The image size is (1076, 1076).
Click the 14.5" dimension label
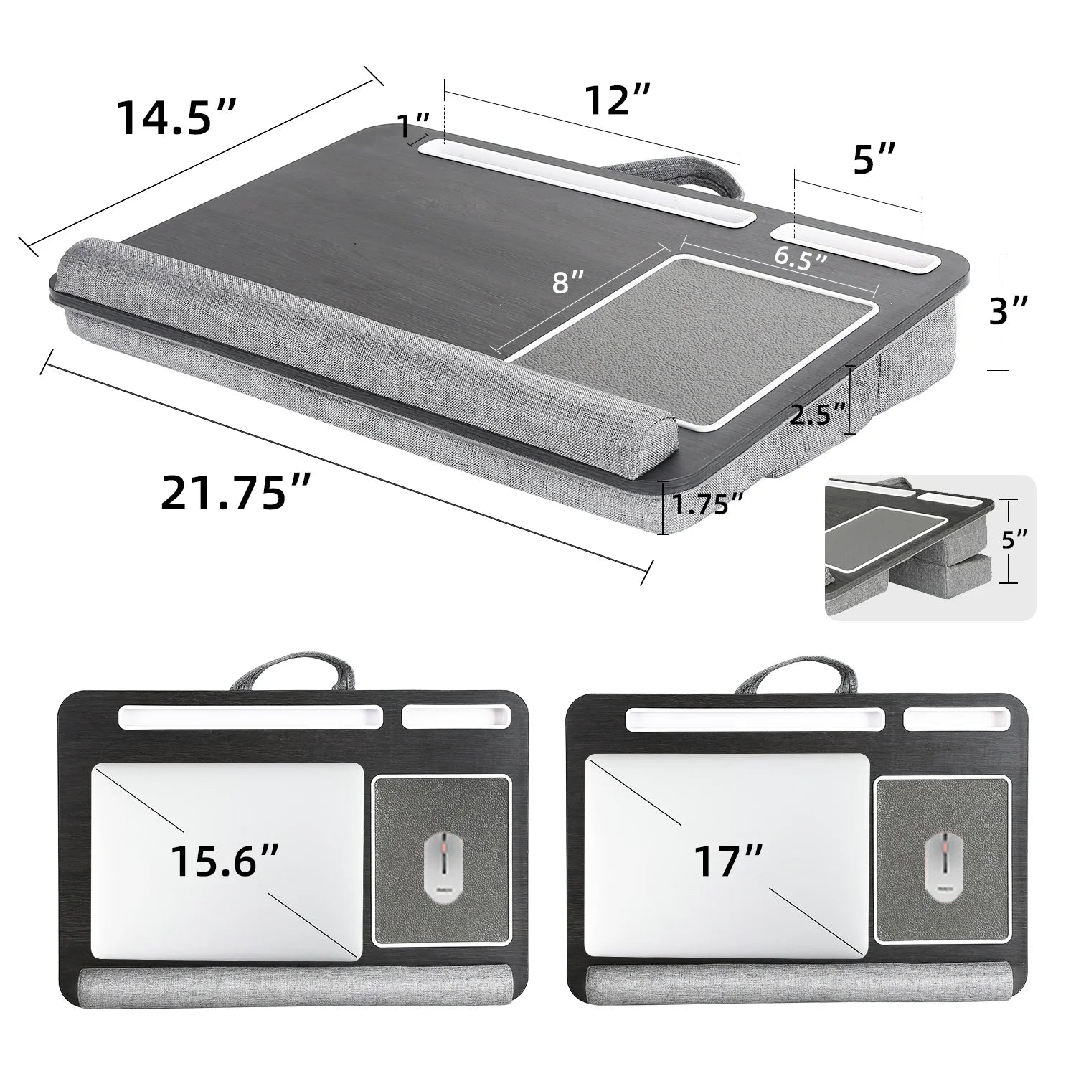tap(176, 117)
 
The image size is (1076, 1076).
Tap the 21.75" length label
tap(236, 493)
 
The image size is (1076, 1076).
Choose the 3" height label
tap(1009, 312)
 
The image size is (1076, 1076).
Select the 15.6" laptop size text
tap(225, 859)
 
